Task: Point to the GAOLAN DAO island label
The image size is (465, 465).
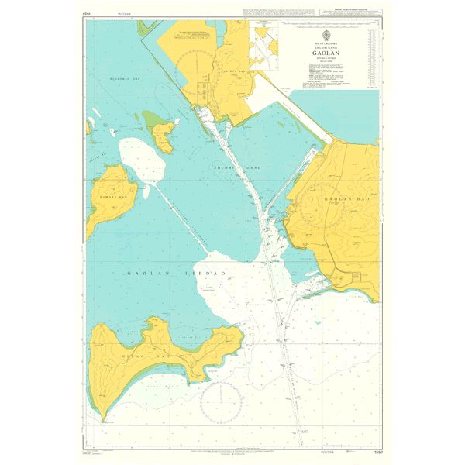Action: point(340,199)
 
